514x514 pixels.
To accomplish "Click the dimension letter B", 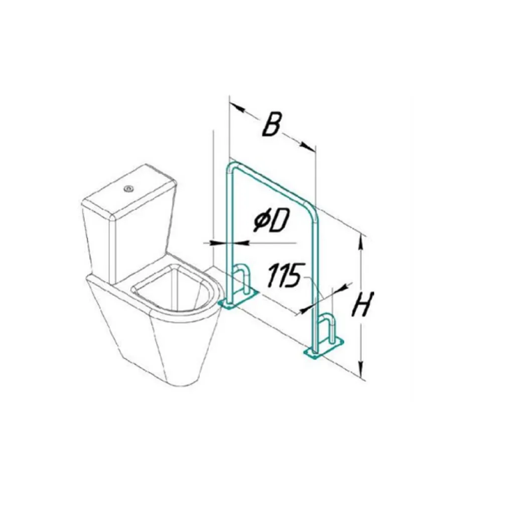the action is click(x=272, y=124).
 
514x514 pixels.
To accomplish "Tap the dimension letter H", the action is click(x=362, y=304).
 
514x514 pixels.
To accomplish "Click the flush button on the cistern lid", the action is click(x=128, y=189).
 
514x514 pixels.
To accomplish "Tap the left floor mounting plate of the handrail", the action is click(x=238, y=299).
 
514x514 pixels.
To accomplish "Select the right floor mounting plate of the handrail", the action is click(x=324, y=348).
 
